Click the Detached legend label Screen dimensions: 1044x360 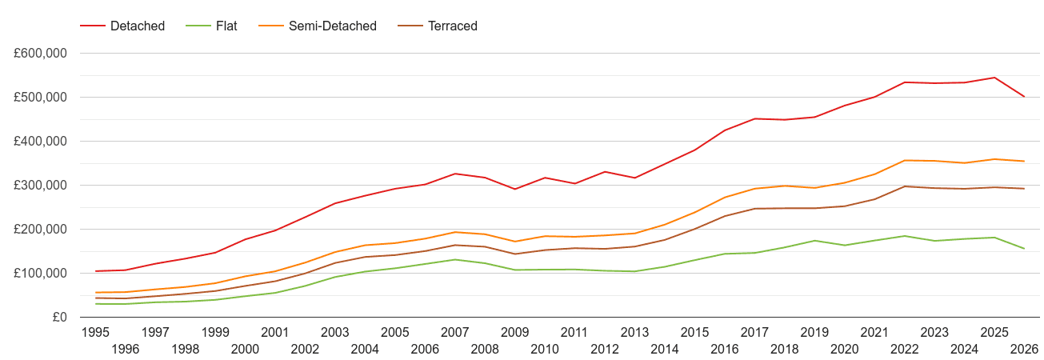(138, 26)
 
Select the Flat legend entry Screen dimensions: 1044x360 (226, 26)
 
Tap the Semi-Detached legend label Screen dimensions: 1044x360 (333, 26)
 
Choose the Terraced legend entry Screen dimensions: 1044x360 (453, 26)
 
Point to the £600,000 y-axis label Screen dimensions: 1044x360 (40, 53)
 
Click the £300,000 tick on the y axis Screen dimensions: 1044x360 (40, 185)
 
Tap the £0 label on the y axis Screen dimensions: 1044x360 (60, 317)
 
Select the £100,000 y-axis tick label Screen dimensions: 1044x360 (40, 274)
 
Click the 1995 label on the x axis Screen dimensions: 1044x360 (95, 332)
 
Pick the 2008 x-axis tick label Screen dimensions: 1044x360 (485, 349)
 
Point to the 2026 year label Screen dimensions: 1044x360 (1024, 349)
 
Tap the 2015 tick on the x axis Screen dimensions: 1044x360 (694, 332)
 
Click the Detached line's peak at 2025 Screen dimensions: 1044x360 (994, 78)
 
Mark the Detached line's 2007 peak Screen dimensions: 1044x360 (455, 174)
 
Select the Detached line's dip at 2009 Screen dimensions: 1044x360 (514, 189)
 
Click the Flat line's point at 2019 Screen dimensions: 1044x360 (814, 241)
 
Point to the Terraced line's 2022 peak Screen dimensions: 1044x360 (904, 186)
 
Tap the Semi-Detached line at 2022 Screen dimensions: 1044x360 (904, 161)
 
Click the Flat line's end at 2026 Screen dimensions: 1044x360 (1024, 249)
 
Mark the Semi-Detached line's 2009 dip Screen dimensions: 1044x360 (514, 242)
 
